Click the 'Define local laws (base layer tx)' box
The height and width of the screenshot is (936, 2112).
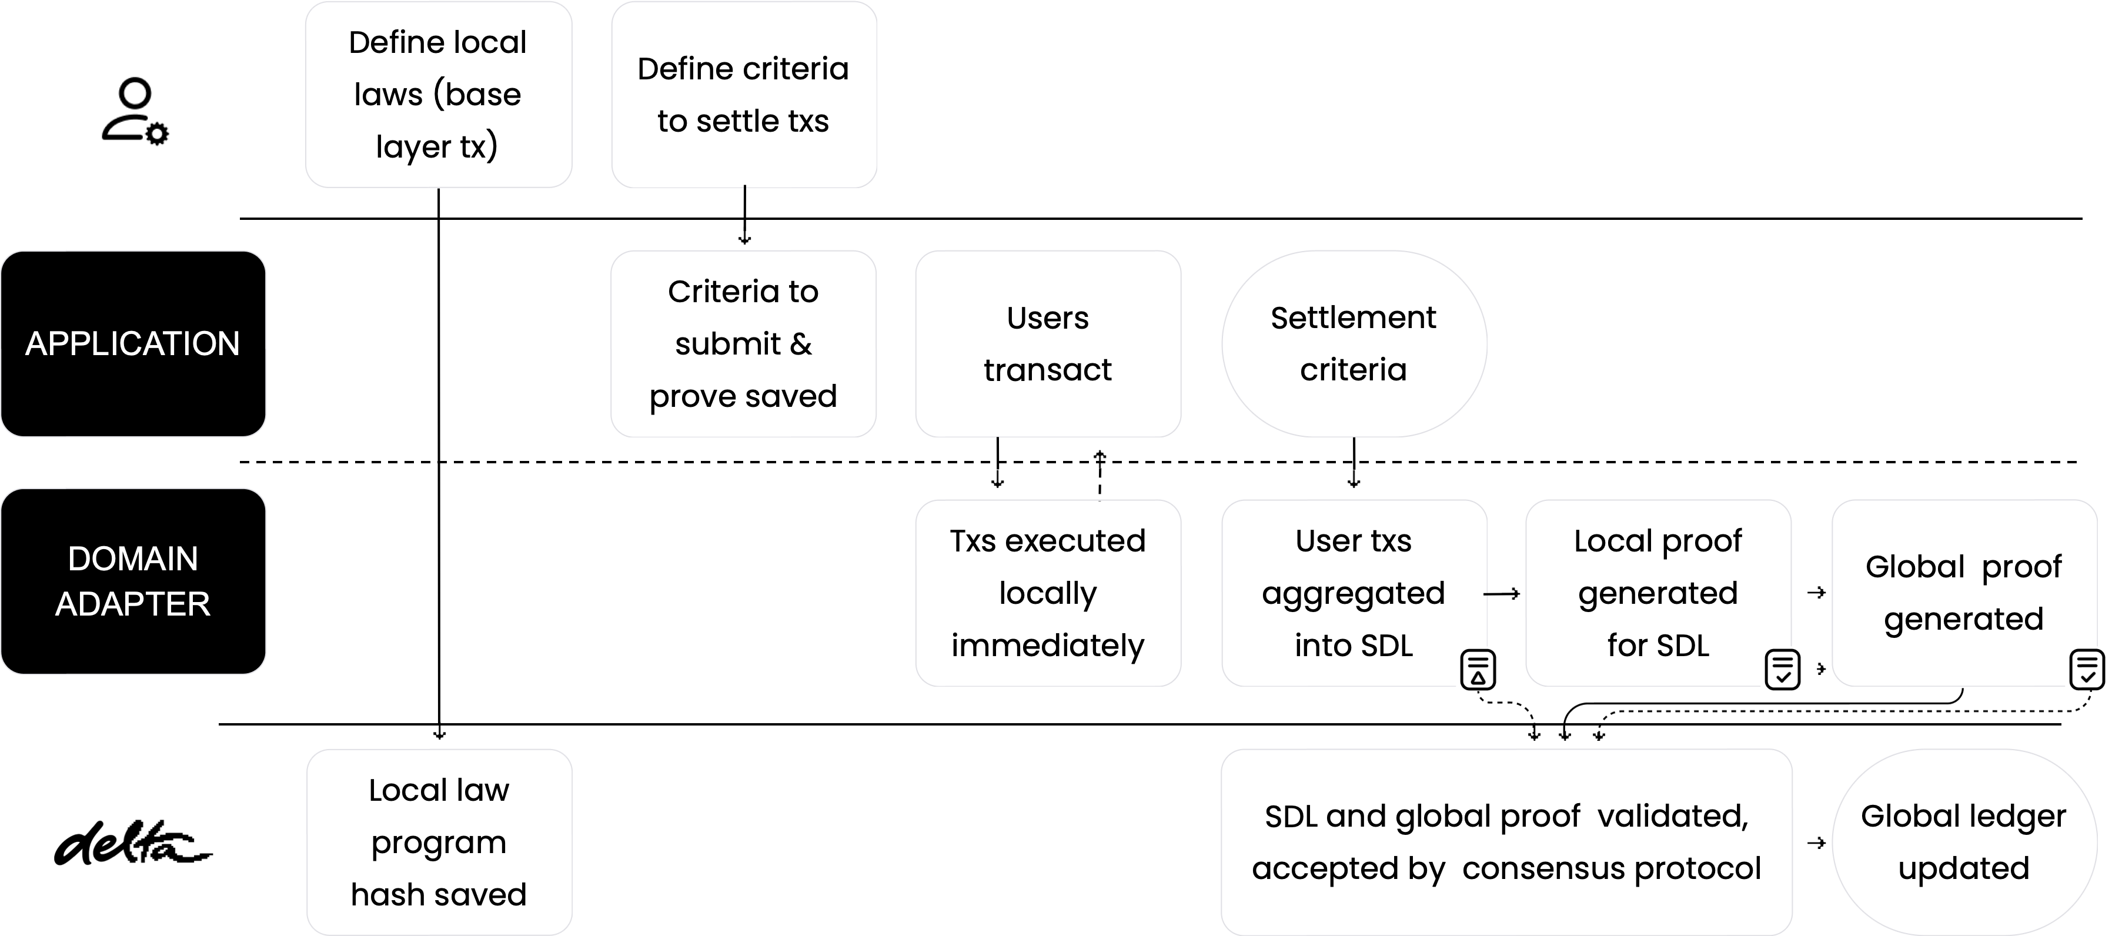coord(438,94)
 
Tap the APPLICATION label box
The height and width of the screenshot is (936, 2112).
coord(133,343)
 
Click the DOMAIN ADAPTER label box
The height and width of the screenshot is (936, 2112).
coord(133,581)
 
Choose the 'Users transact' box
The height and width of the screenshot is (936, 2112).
coord(1047,343)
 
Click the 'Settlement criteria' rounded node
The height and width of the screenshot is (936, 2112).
coord(1353,343)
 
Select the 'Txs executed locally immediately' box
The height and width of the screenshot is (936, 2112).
coord(1047,593)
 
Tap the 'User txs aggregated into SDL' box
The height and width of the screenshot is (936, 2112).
coord(1353,593)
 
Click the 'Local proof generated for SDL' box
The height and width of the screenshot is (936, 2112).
coord(1657,593)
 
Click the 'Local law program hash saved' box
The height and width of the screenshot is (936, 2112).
coord(438,842)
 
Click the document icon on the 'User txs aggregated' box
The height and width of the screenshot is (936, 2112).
coord(1478,669)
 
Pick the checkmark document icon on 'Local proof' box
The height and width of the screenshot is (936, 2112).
coord(1782,669)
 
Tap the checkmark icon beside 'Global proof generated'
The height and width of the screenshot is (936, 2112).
coord(2087,669)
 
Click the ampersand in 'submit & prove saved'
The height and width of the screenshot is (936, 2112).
coord(800,344)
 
